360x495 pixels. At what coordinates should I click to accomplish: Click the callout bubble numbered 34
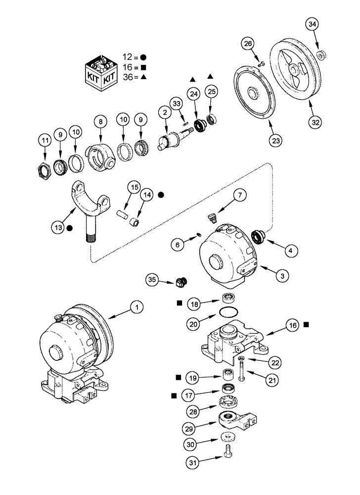tap(312, 24)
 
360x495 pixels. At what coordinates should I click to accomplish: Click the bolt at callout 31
tap(227, 452)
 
